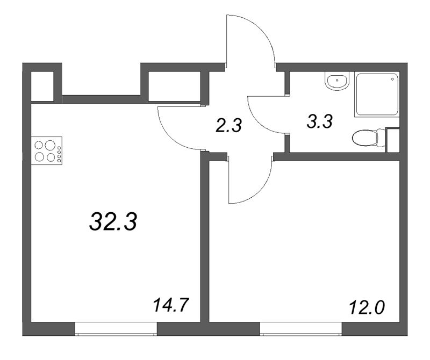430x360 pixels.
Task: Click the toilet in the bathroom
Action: pos(365,139)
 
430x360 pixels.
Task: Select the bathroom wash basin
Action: pos(337,82)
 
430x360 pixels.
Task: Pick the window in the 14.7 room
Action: pos(116,329)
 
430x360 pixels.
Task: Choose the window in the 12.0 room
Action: pos(301,329)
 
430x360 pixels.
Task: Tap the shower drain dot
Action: pos(394,79)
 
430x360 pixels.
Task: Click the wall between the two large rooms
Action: pos(205,242)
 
